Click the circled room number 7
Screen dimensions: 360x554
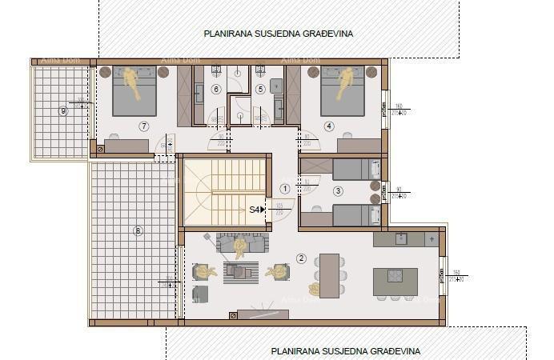pyautogui.click(x=144, y=126)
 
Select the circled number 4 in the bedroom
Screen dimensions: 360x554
pyautogui.click(x=329, y=126)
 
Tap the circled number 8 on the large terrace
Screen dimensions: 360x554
pyautogui.click(x=138, y=231)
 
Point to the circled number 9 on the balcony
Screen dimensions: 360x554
pyautogui.click(x=62, y=110)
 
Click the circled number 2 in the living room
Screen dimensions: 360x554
pyautogui.click(x=301, y=258)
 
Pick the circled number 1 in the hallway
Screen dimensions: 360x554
pyautogui.click(x=285, y=189)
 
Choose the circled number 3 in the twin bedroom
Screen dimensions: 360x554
pyautogui.click(x=339, y=190)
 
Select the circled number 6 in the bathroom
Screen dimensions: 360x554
pyautogui.click(x=216, y=89)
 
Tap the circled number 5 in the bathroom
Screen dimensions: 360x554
pyautogui.click(x=260, y=89)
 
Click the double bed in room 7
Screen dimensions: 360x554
pyautogui.click(x=134, y=90)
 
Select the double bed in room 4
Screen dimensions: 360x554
pyautogui.click(x=343, y=90)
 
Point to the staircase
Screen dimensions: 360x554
pyautogui.click(x=224, y=192)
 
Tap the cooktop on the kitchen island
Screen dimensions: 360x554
pyautogui.click(x=395, y=275)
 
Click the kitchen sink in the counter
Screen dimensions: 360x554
pyautogui.click(x=402, y=238)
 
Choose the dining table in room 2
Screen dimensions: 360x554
pyautogui.click(x=329, y=275)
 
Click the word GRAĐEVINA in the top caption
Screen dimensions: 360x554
pyautogui.click(x=323, y=34)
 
